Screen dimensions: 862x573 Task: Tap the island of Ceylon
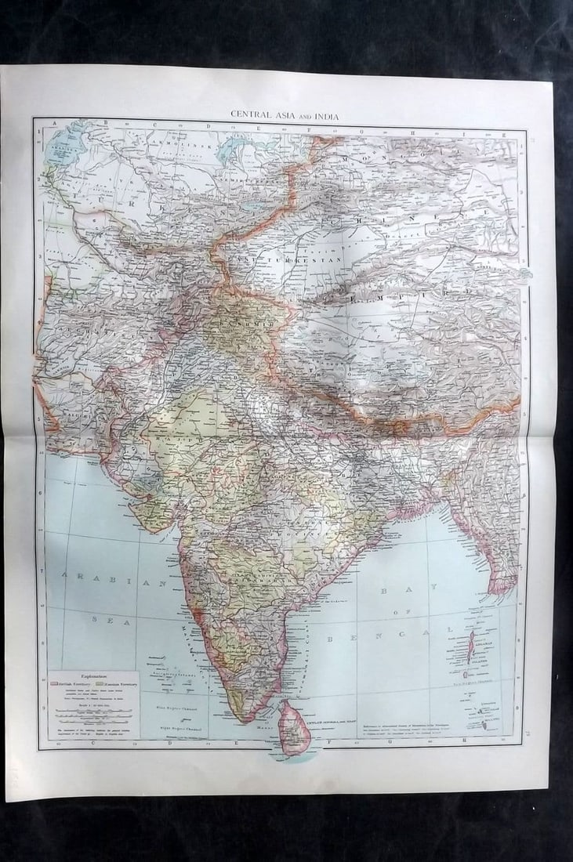point(295,727)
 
